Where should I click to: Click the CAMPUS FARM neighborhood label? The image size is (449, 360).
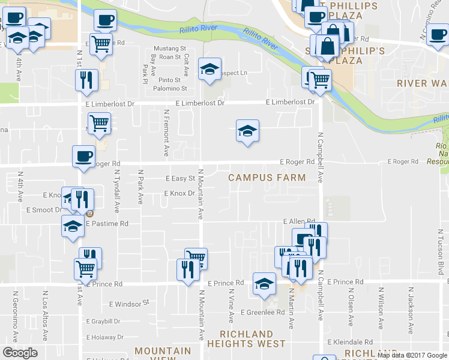pyautogui.click(x=267, y=178)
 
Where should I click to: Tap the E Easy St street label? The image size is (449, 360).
pyautogui.click(x=180, y=178)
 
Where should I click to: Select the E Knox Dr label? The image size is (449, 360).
pyautogui.click(x=179, y=193)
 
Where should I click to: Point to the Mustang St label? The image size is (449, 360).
pyautogui.click(x=170, y=48)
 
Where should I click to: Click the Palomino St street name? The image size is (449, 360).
pyautogui.click(x=170, y=88)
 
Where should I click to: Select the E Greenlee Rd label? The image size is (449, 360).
pyautogui.click(x=262, y=312)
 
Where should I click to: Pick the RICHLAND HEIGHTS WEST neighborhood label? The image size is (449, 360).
pyautogui.click(x=246, y=339)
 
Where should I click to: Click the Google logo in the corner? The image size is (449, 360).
pyautogui.click(x=20, y=353)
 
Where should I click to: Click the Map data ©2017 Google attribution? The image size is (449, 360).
pyautogui.click(x=412, y=355)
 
